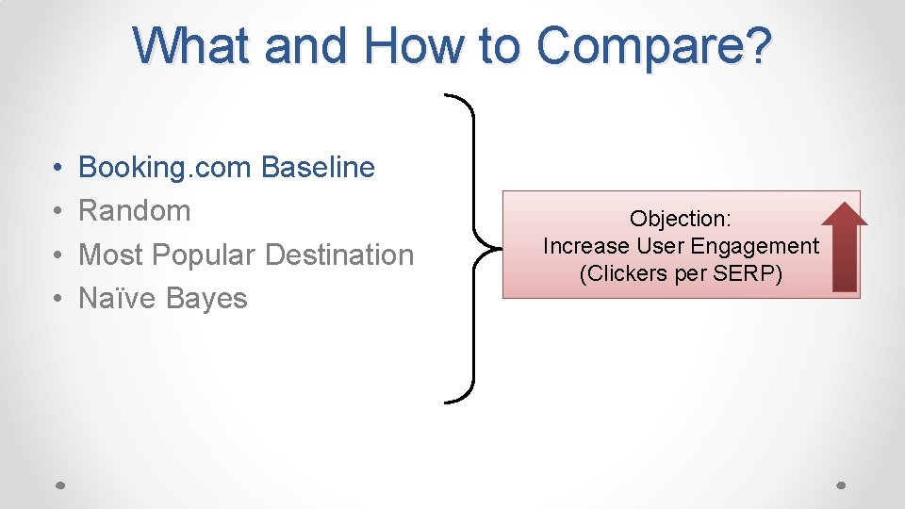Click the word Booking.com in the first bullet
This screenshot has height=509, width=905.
pyautogui.click(x=165, y=168)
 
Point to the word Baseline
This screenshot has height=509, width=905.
pyautogui.click(x=318, y=168)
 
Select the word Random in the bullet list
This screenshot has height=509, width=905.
pyautogui.click(x=134, y=211)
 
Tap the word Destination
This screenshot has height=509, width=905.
pyautogui.click(x=339, y=254)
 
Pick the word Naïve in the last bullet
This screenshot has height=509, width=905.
pyautogui.click(x=118, y=299)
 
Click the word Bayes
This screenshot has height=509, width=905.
pyautogui.click(x=206, y=299)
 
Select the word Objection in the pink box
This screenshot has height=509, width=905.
pyautogui.click(x=680, y=220)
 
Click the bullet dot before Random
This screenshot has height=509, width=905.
pyautogui.click(x=58, y=211)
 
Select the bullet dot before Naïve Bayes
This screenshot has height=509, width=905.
pyautogui.click(x=58, y=299)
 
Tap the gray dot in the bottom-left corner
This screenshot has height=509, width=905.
pyautogui.click(x=58, y=485)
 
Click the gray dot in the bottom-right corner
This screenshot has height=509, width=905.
pyautogui.click(x=842, y=485)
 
